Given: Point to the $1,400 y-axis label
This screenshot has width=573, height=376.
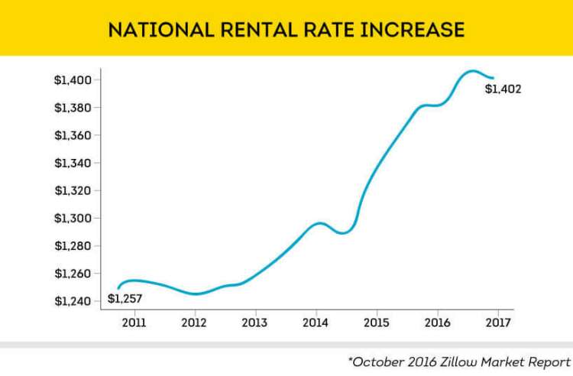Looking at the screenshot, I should pos(73,80).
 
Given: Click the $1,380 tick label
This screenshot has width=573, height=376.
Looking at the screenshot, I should pos(73,108).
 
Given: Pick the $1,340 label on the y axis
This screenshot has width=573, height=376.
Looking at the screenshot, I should pos(73,163).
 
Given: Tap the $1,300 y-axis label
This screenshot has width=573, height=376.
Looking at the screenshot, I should pos(73,219).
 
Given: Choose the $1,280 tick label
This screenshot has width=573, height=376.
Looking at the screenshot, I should pos(73,246).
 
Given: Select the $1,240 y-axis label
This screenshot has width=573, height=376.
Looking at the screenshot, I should pos(73,301).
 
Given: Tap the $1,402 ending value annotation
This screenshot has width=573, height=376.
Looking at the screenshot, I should pos(503,89).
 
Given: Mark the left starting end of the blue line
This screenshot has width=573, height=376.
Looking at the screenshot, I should pos(118,287).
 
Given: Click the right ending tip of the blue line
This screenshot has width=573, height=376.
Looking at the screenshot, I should pos(494,78).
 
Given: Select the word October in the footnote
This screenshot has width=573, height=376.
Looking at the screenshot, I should pos(377,361).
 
